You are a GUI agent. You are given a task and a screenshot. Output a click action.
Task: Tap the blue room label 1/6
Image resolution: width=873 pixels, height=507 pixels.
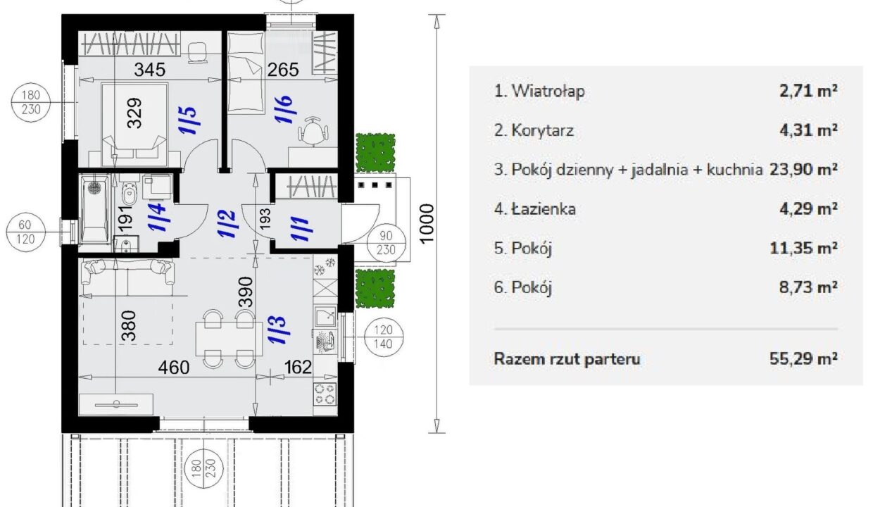click(x=284, y=110)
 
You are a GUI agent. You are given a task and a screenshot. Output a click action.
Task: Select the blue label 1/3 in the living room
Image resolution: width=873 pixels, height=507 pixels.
click(x=278, y=330)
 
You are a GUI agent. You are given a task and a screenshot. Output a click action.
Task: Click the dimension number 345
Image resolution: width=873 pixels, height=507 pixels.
click(x=150, y=70)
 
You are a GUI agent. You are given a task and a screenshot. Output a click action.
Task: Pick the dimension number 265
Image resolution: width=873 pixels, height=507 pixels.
click(x=283, y=70)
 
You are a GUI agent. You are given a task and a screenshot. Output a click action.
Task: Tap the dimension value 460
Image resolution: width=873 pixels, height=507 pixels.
click(x=174, y=367)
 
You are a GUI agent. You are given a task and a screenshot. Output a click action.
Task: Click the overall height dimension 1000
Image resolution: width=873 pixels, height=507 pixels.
click(x=427, y=224)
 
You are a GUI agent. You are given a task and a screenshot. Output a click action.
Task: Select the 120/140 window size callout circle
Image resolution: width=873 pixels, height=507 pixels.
click(x=384, y=337)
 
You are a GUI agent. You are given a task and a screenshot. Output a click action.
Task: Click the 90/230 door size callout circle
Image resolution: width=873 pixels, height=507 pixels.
click(x=386, y=242)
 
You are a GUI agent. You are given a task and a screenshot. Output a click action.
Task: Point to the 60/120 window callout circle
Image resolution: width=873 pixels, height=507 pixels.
click(x=25, y=232)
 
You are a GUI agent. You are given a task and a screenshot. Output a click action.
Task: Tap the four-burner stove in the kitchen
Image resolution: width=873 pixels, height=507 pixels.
click(x=325, y=394)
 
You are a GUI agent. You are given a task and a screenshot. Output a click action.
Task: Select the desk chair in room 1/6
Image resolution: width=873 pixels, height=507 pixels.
click(x=313, y=130)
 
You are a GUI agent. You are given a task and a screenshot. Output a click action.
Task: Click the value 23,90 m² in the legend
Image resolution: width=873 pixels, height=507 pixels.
click(x=803, y=170)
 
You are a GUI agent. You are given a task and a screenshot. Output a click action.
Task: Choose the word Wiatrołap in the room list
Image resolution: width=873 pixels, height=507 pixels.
click(x=548, y=91)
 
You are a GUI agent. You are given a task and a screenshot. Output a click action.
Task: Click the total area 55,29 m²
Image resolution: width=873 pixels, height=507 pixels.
click(x=803, y=358)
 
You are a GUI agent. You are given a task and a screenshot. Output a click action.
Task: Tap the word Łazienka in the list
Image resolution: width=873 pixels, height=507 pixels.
click(x=544, y=208)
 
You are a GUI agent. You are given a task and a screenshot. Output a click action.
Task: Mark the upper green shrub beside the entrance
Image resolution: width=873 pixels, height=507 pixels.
click(x=375, y=153)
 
